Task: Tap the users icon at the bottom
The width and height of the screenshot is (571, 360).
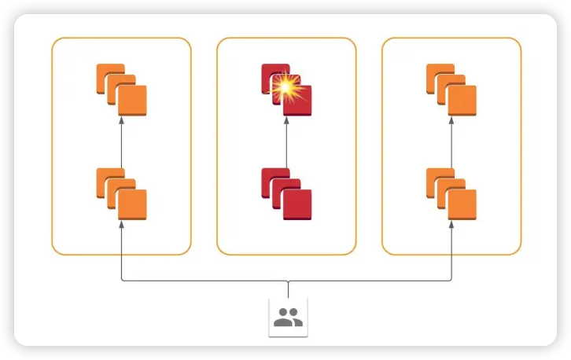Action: (x=288, y=317)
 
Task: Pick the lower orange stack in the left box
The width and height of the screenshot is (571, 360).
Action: (x=121, y=193)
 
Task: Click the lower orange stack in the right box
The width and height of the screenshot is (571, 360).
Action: (x=451, y=193)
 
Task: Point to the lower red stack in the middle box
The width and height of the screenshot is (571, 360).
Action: (x=286, y=193)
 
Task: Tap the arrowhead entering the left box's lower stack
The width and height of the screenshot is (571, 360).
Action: (x=121, y=226)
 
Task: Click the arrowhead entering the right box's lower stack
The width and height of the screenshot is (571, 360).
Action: (x=451, y=226)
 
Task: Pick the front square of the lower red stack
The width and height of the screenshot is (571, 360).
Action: (x=297, y=204)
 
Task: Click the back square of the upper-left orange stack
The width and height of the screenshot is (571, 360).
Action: (x=106, y=74)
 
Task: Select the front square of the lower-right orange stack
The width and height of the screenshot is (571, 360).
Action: (x=462, y=204)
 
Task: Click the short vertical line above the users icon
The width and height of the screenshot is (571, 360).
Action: (x=288, y=288)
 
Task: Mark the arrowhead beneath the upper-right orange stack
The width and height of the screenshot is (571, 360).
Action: (x=451, y=120)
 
